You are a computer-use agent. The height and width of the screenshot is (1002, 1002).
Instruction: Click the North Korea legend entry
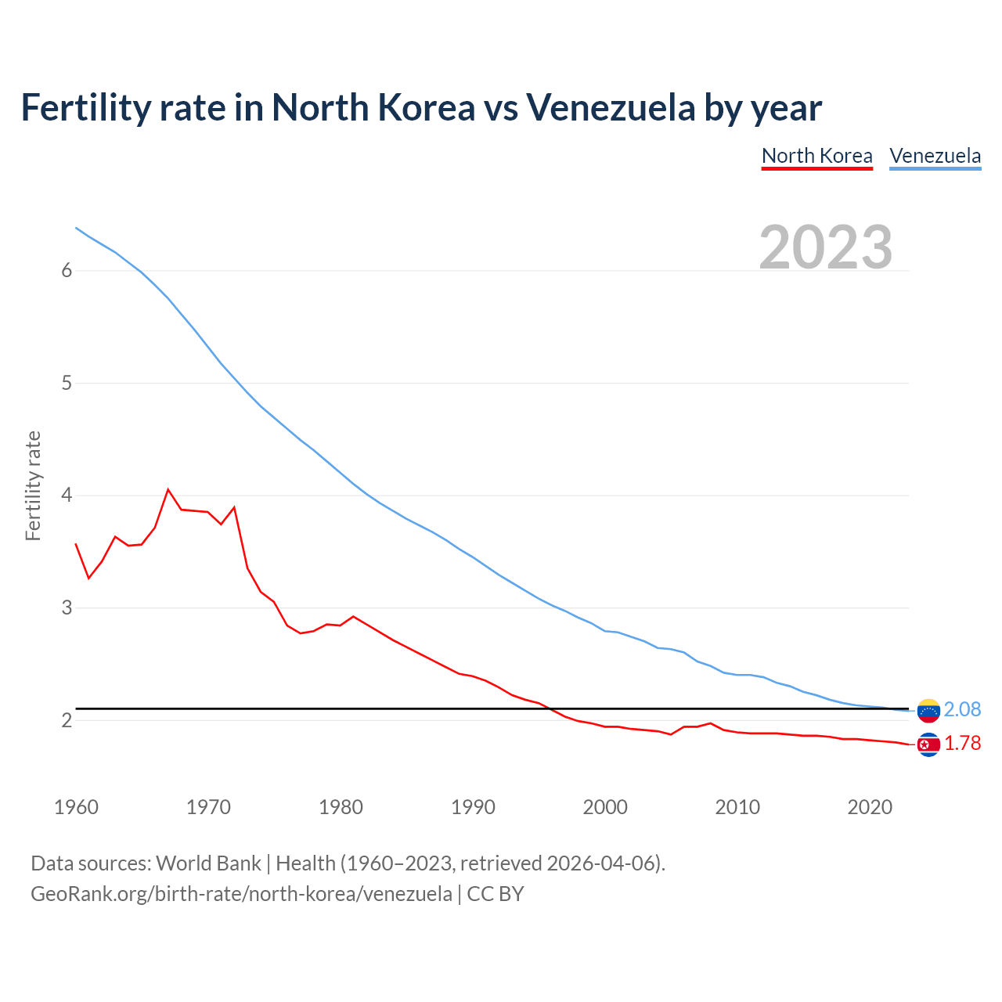[816, 156]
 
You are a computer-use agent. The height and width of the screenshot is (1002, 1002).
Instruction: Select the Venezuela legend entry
[935, 156]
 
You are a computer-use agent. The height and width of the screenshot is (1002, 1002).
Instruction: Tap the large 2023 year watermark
[825, 247]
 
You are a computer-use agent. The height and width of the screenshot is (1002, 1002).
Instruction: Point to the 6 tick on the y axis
[67, 271]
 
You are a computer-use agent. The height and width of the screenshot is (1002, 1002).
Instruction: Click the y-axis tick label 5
[67, 384]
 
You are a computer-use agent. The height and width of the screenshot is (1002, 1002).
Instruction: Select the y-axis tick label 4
[67, 496]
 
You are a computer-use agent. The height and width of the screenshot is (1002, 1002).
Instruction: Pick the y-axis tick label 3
[67, 608]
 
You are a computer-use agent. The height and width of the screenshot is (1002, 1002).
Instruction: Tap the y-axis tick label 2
[67, 720]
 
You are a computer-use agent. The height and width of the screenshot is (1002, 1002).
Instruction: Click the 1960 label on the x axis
[76, 807]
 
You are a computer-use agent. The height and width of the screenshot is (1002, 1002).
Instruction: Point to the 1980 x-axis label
[341, 807]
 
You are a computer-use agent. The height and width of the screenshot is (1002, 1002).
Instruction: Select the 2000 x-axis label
[605, 807]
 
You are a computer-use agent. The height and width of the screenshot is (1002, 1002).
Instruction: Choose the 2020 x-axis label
[870, 807]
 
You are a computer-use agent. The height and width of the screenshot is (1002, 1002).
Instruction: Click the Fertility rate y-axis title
[33, 485]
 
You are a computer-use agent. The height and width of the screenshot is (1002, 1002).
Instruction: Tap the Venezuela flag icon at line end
[928, 710]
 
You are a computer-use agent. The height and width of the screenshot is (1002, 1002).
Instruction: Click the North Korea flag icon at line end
[928, 744]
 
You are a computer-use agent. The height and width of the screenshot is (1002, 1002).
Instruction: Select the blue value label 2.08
[962, 710]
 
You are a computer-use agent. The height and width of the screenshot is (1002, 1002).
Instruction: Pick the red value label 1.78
[962, 744]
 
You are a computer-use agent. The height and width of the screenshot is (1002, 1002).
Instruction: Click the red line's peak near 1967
[168, 490]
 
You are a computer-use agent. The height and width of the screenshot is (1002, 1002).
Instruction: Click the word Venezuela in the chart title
[610, 108]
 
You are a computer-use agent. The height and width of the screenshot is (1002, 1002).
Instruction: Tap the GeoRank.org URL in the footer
[241, 894]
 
